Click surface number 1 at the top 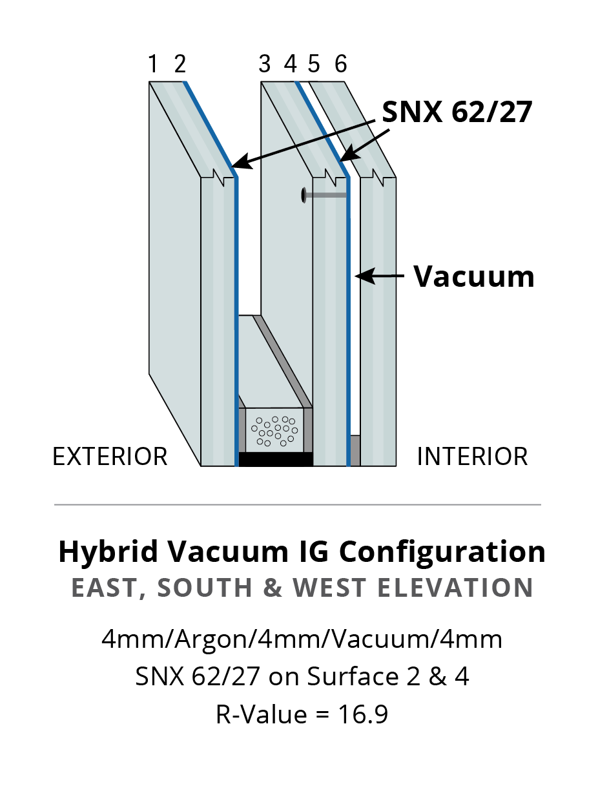coord(152,64)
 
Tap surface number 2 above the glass coord(180,64)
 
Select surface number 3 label coord(265,64)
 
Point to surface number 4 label coord(290,64)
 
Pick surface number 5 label coord(314,64)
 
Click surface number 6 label coord(341,64)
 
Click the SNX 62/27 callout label coord(457,112)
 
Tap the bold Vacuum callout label coord(474,276)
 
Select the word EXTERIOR coord(110,457)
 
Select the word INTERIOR coord(472,457)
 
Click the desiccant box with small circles coord(275,430)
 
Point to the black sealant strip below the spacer coord(275,459)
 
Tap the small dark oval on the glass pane coord(303,194)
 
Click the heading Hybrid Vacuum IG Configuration coord(302,552)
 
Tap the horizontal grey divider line coord(297,504)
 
